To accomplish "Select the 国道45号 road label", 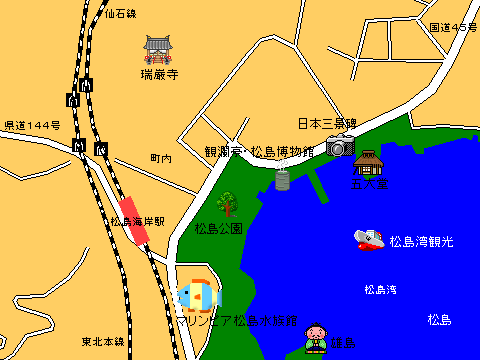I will (x=453, y=27).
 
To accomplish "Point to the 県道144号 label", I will (x=32, y=125).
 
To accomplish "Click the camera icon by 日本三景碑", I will (x=340, y=146).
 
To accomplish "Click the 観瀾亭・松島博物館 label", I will (x=259, y=151).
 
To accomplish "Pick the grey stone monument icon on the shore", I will (x=283, y=180).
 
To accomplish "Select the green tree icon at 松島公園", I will (x=228, y=203).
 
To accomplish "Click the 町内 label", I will (x=161, y=158).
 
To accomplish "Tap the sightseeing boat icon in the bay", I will (x=369, y=239).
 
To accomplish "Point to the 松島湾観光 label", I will (x=421, y=242).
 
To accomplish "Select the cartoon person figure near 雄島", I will (x=317, y=337).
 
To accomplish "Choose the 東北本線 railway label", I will (x=103, y=341).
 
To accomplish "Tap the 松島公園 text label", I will (x=219, y=228).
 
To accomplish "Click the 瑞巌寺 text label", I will (x=160, y=74).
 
